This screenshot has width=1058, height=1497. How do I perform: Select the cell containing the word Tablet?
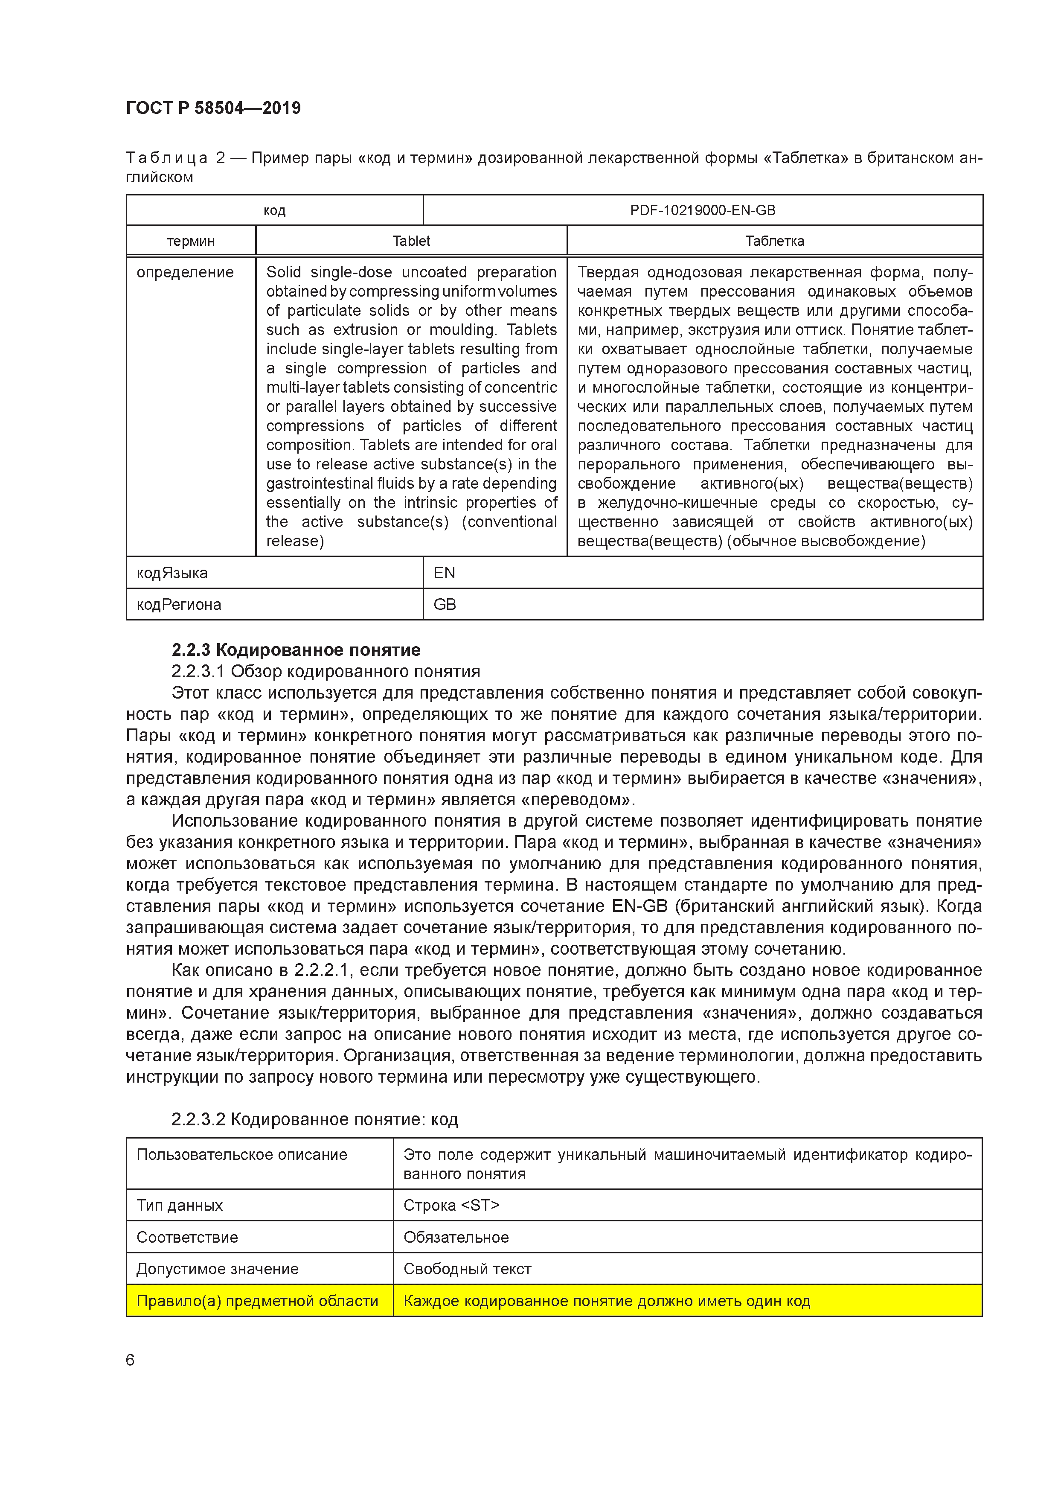pyautogui.click(x=411, y=241)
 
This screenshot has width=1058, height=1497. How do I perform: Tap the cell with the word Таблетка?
pyautogui.click(x=774, y=241)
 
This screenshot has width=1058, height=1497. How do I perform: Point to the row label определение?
pyautogui.click(x=185, y=273)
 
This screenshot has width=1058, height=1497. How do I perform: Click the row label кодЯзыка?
pyautogui.click(x=172, y=573)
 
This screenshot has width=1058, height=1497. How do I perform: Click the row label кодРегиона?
pyautogui.click(x=179, y=604)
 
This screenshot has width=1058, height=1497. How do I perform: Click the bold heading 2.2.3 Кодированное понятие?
pyautogui.click(x=296, y=650)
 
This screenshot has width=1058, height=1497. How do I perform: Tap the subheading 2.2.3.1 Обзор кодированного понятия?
pyautogui.click(x=325, y=672)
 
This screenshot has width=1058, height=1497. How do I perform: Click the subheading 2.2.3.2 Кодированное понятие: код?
pyautogui.click(x=314, y=1119)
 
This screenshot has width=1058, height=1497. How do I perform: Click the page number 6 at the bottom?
pyautogui.click(x=130, y=1360)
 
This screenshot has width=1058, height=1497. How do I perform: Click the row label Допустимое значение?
pyautogui.click(x=217, y=1269)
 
